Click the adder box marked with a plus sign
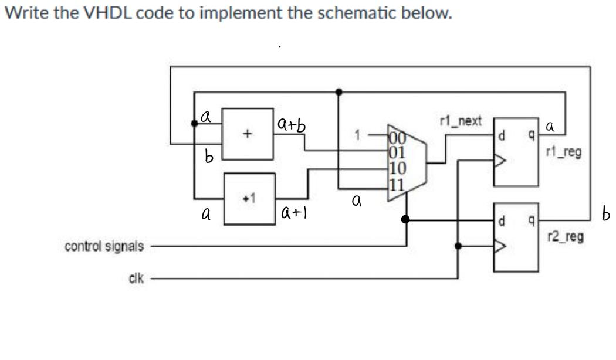click(x=247, y=134)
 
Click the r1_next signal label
click(x=460, y=121)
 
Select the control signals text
click(x=104, y=246)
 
